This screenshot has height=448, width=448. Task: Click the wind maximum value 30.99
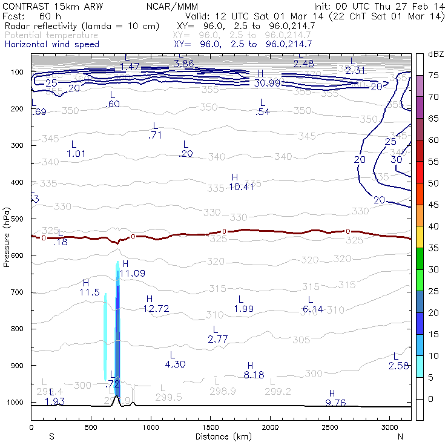[x=267, y=83]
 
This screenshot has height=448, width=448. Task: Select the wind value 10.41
[x=241, y=187]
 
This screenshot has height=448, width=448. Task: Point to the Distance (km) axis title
[x=221, y=436]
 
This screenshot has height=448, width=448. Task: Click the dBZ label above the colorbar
[x=436, y=54]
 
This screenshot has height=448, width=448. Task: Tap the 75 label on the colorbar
[x=433, y=76]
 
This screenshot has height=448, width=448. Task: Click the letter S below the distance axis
[x=51, y=436]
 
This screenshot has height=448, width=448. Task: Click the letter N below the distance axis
[x=400, y=436]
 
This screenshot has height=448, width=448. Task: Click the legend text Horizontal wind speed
[x=51, y=44]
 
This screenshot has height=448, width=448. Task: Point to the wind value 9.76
[x=335, y=403]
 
